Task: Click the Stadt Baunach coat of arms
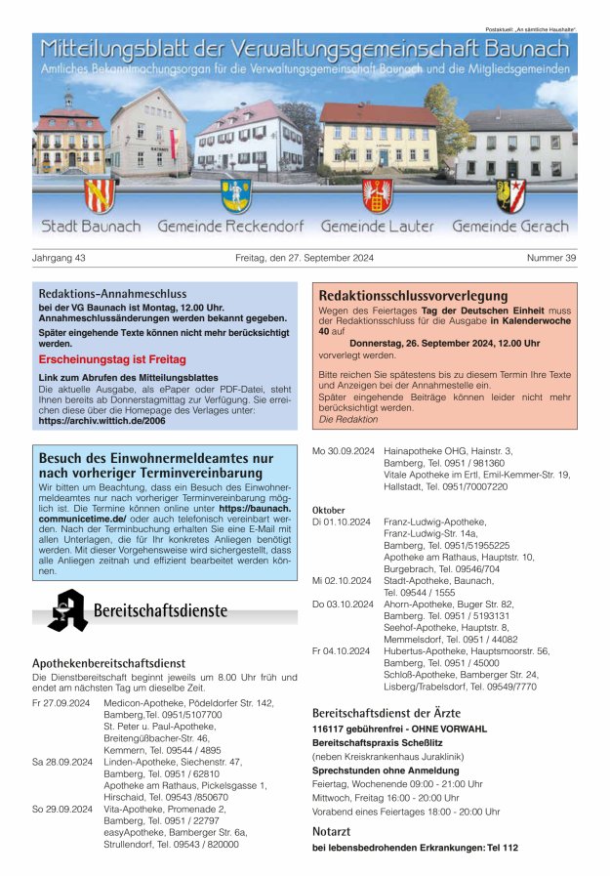(99, 194)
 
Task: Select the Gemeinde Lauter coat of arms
(377, 194)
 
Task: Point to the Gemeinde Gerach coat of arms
(510, 194)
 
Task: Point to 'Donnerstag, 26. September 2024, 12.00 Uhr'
(444, 344)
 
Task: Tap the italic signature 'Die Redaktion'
(347, 419)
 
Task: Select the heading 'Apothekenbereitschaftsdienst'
(108, 663)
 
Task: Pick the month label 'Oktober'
(328, 510)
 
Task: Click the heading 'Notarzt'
(332, 831)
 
